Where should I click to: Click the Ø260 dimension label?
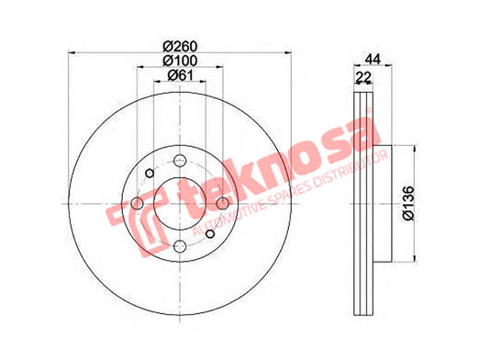[x=180, y=46]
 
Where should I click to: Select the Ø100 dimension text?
[x=180, y=61]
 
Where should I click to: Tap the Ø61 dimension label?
[x=180, y=75]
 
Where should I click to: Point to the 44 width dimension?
[x=373, y=59]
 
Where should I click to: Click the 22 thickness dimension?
[x=363, y=77]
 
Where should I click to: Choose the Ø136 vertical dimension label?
[x=408, y=203]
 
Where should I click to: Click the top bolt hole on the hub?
[x=180, y=161]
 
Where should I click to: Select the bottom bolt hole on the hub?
[x=180, y=246]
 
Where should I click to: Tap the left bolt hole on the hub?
[x=137, y=203]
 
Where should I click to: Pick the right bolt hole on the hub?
[x=222, y=203]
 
